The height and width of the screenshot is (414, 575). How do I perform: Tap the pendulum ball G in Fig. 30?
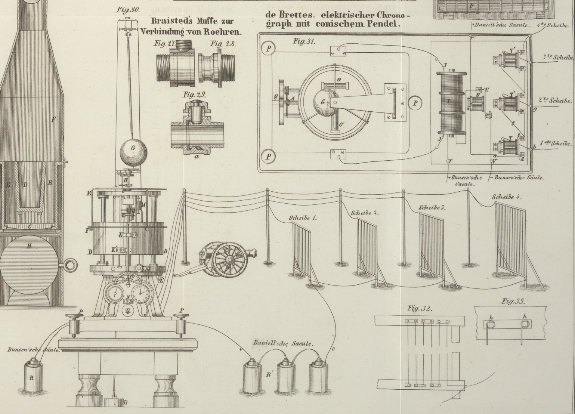(x=133, y=153)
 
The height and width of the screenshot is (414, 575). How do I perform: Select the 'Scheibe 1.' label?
(x=303, y=218)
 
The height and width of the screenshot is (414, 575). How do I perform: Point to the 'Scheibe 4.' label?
(x=506, y=197)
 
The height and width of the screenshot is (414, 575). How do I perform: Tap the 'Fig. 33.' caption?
(x=513, y=302)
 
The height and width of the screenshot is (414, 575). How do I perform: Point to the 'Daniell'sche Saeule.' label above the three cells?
(x=283, y=343)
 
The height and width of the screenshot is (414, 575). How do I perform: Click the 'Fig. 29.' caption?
(x=194, y=95)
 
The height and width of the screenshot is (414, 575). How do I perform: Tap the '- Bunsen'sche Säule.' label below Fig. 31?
(x=519, y=178)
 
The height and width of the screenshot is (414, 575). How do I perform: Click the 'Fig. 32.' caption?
(x=420, y=309)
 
